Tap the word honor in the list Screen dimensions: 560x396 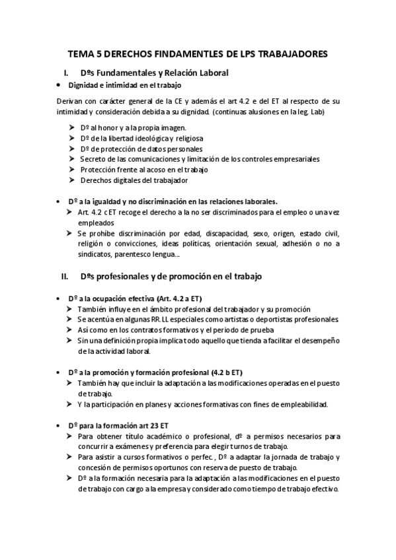(x=109, y=127)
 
